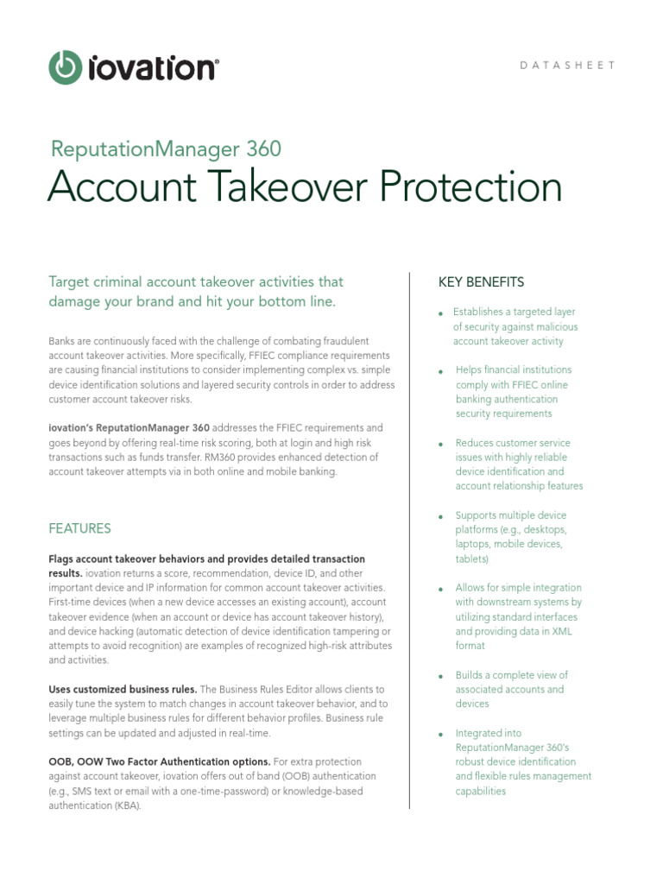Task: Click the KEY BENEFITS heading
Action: [481, 282]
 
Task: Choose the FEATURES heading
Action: [79, 527]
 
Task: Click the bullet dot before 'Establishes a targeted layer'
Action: [441, 313]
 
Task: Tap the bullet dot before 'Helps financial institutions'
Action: [441, 371]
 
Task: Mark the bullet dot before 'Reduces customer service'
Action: [441, 445]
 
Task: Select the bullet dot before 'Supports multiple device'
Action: [441, 517]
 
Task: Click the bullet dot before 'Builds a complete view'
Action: [441, 677]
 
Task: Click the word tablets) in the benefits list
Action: [472, 559]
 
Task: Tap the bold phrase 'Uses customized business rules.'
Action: [123, 690]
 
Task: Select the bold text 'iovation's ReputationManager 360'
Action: [129, 427]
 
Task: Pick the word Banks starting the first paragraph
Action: [63, 341]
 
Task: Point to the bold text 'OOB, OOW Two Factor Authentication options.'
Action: [159, 761]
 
